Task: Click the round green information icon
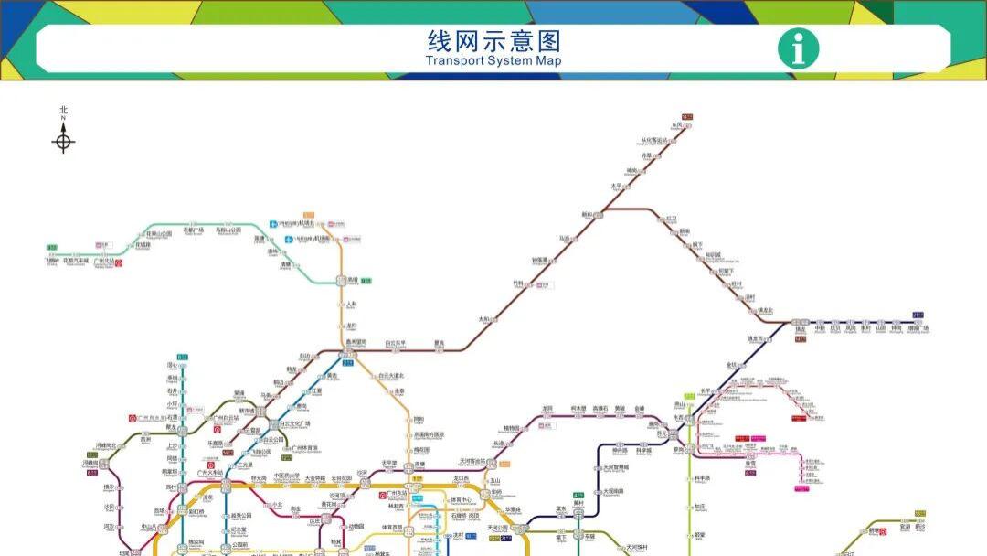point(798,48)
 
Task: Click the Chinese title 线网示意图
point(493,41)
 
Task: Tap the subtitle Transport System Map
point(493,61)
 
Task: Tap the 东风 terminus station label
point(677,124)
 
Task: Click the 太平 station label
point(615,187)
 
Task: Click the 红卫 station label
point(672,219)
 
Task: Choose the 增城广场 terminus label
point(916,328)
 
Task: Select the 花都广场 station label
point(193,230)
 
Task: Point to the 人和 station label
point(351,304)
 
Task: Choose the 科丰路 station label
point(702,478)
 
